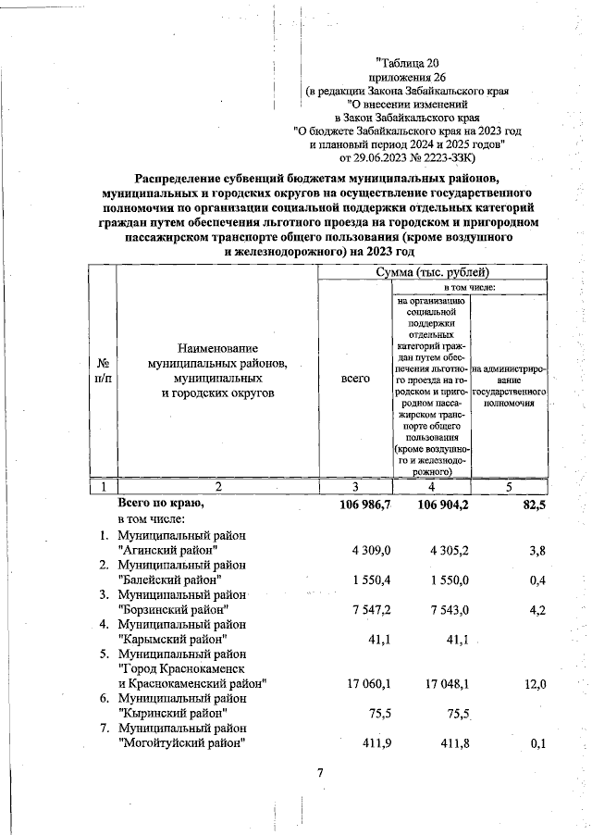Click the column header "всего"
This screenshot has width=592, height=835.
(x=355, y=380)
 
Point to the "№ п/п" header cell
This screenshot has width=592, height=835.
(x=103, y=380)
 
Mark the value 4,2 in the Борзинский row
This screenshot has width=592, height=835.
(x=536, y=610)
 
